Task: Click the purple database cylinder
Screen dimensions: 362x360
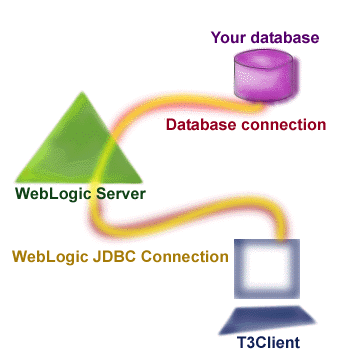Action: click(x=265, y=79)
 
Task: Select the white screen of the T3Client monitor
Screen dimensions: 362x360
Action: click(x=267, y=267)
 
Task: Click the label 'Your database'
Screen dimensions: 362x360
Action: click(x=265, y=38)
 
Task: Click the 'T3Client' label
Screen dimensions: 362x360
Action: click(x=271, y=347)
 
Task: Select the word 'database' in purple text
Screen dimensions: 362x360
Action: click(x=283, y=38)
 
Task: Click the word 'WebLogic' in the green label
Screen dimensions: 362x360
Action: click(x=56, y=193)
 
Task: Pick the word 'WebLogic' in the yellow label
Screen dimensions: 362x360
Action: click(x=48, y=256)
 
